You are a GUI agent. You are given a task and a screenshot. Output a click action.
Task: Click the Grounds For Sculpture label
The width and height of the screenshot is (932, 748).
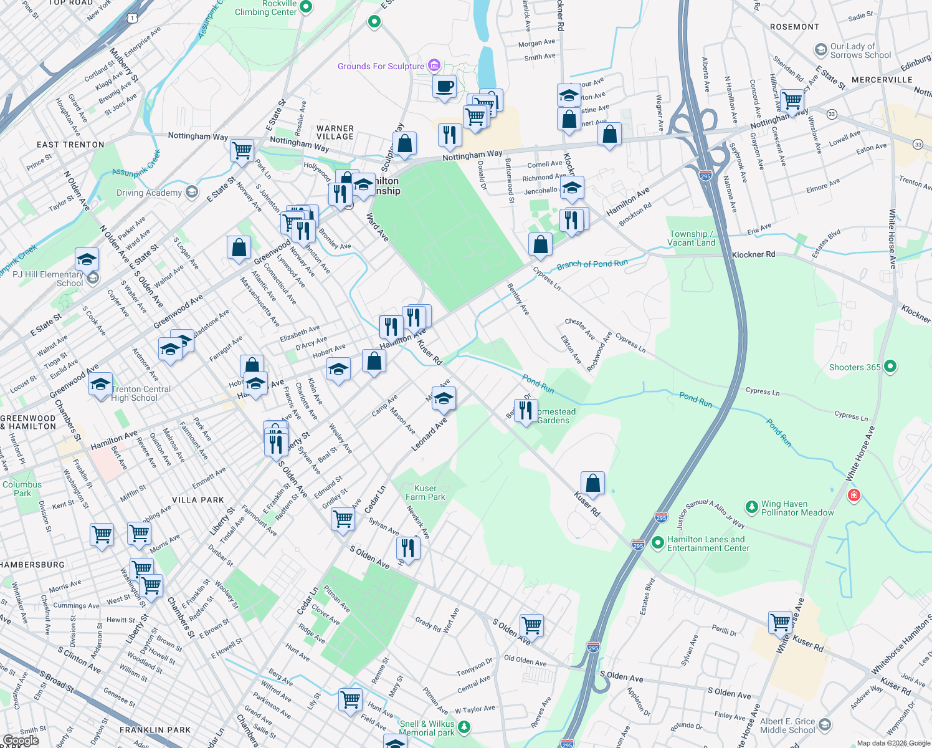tap(381, 66)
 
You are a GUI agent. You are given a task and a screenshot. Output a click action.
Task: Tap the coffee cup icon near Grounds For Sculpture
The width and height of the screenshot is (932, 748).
tap(444, 87)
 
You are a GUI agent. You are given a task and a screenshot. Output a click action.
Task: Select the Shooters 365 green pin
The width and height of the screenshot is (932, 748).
tap(890, 367)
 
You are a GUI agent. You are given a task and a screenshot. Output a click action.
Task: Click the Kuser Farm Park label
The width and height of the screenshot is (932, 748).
tap(426, 492)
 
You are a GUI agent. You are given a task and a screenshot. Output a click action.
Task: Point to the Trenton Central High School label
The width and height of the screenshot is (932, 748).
tap(141, 393)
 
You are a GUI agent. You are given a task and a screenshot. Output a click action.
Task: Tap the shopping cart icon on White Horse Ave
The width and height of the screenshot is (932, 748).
tap(780, 621)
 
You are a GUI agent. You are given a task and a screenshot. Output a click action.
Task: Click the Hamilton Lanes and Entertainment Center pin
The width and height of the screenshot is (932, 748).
tap(657, 543)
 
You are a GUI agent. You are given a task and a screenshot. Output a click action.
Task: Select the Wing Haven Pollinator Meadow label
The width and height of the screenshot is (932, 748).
tap(797, 508)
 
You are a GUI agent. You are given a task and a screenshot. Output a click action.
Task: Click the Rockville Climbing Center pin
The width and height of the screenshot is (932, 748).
tap(306, 6)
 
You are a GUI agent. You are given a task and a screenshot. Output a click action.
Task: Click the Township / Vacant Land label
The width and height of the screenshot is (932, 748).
tap(691, 238)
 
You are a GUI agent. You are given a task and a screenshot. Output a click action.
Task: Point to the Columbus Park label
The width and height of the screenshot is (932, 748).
tap(22, 489)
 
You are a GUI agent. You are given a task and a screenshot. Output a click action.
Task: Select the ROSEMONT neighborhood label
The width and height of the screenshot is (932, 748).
tap(794, 27)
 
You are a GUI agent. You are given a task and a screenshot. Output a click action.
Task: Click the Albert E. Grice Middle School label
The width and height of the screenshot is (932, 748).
tap(787, 726)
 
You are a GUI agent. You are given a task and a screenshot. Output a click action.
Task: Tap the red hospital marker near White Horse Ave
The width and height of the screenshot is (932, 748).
tap(854, 496)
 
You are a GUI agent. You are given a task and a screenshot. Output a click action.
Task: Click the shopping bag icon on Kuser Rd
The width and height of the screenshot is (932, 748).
tap(592, 483)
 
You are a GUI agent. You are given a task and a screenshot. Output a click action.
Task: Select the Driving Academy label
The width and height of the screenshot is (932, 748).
tap(149, 193)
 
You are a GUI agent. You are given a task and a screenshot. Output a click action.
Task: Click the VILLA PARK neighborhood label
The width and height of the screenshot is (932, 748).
tap(197, 500)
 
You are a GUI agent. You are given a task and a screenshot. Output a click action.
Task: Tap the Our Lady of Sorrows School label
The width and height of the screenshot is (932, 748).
tap(860, 50)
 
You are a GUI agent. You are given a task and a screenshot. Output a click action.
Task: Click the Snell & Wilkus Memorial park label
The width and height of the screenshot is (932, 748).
tap(427, 728)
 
